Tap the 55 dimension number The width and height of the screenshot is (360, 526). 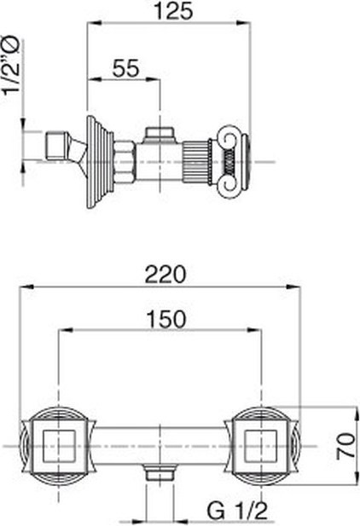(125, 68)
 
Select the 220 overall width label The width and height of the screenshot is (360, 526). (165, 274)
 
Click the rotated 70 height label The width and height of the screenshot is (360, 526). (345, 445)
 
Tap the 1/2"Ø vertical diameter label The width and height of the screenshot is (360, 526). (11, 66)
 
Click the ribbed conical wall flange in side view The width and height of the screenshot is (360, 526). (100, 162)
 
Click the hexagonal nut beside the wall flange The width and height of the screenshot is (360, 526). (125, 162)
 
